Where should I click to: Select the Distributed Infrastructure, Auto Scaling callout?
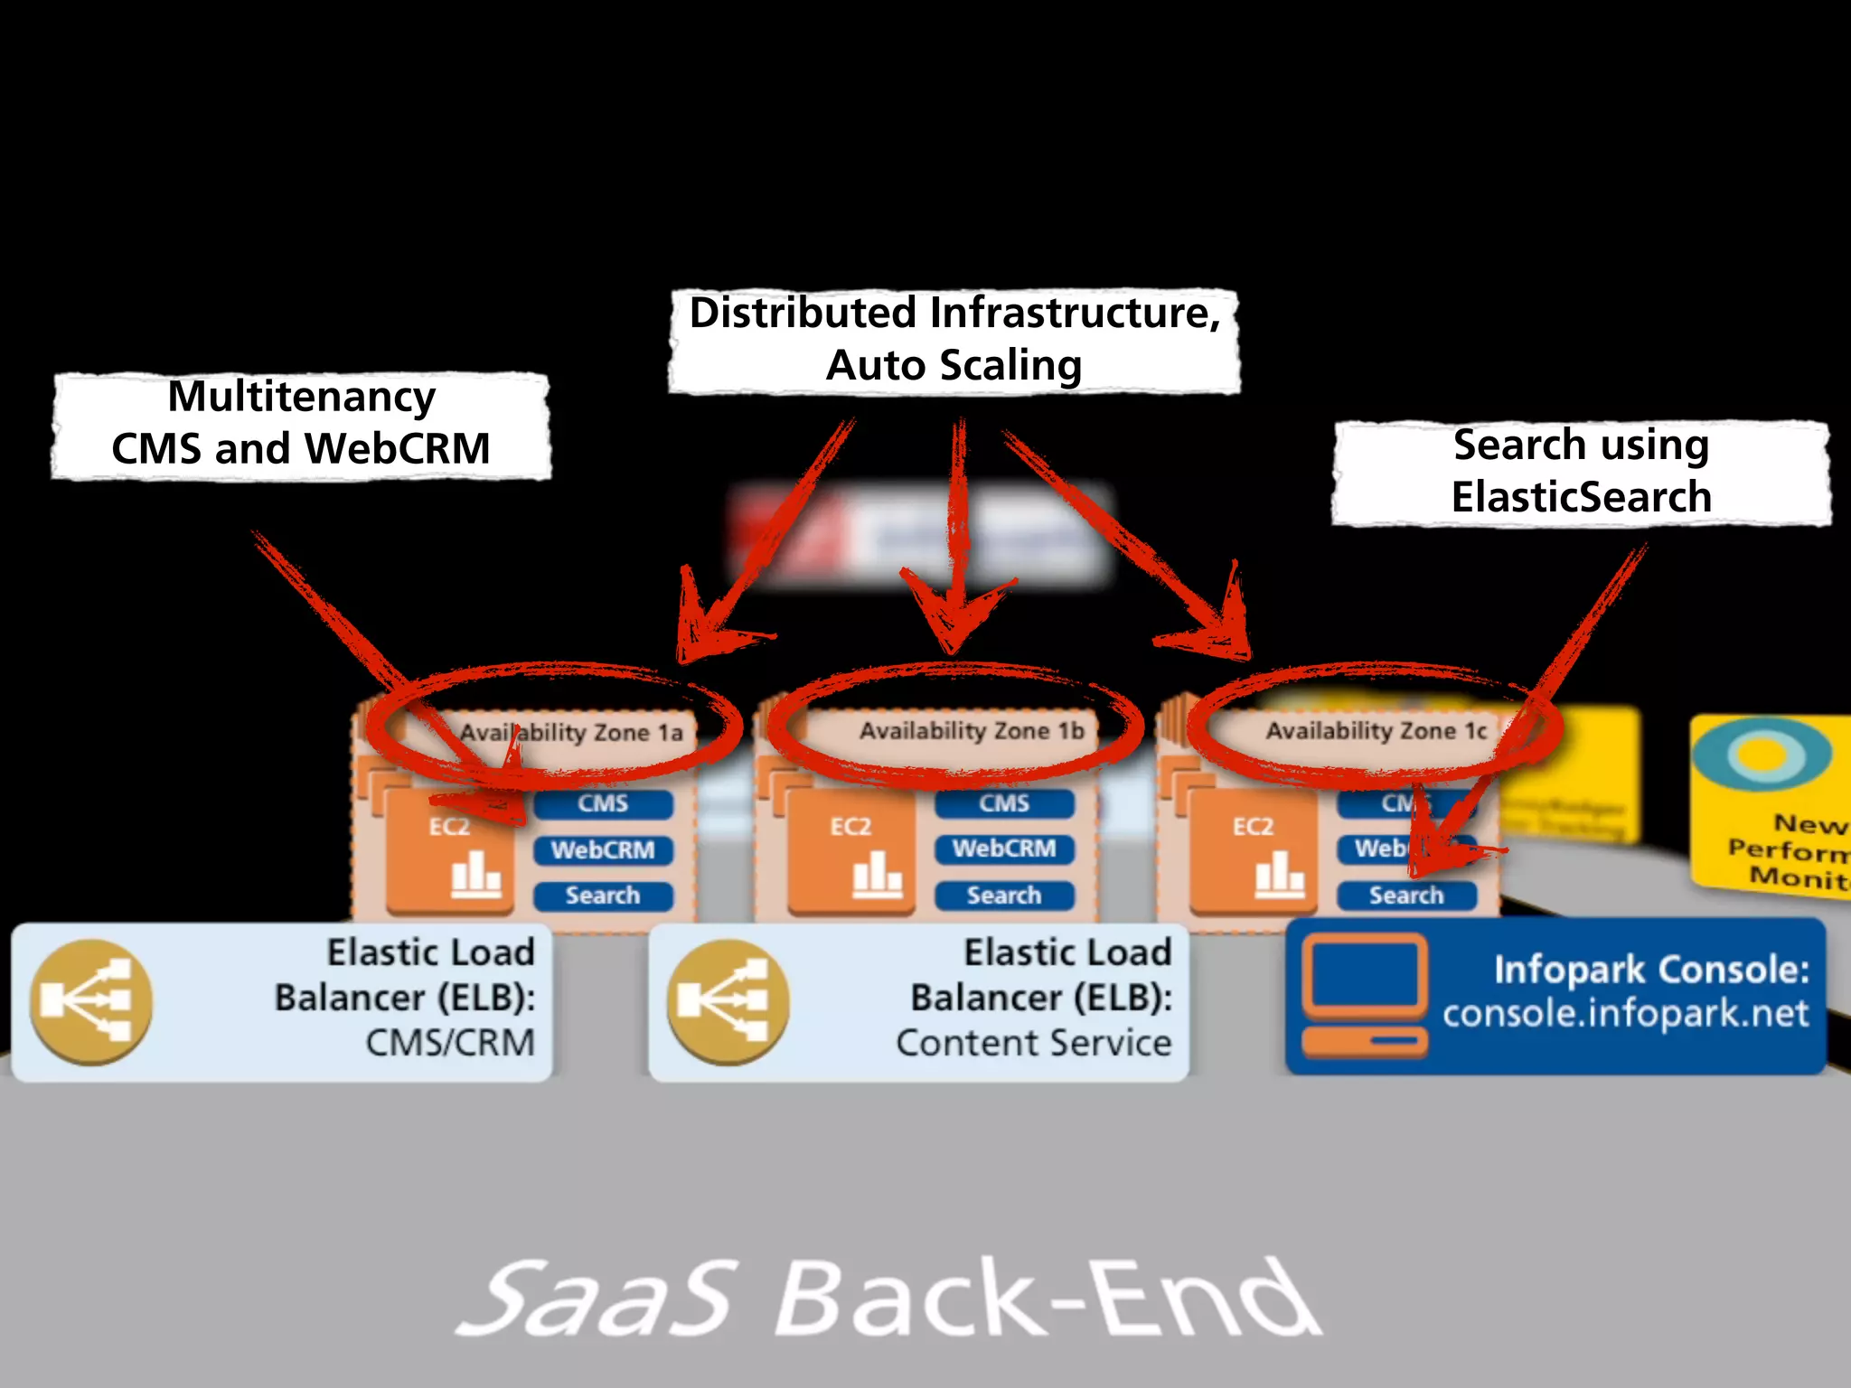[954, 340]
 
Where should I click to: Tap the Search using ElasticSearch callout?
[1581, 472]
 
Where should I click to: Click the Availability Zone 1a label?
[571, 732]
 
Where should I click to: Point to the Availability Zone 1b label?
[972, 730]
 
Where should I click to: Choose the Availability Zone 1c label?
[1376, 730]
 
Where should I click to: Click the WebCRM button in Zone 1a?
[603, 850]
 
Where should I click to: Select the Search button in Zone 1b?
[1004, 896]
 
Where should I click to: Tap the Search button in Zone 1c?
[1406, 896]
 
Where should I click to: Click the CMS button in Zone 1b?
[1004, 803]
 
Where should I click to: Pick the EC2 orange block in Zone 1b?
[850, 849]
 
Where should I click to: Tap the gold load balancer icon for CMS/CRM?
[90, 1001]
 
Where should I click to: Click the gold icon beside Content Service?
[728, 1001]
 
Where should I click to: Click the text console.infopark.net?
[1625, 1013]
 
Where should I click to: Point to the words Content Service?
[1033, 1043]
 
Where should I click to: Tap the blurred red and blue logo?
[917, 536]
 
